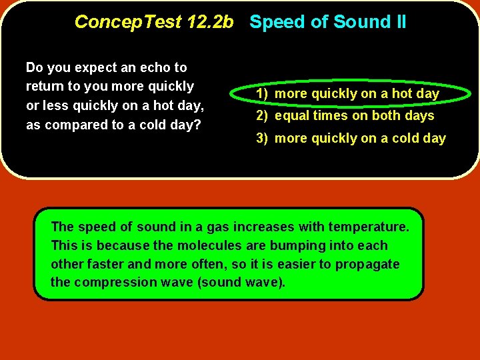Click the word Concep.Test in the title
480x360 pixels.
click(127, 22)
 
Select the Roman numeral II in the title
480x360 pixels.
click(399, 22)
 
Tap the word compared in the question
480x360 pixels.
click(87, 125)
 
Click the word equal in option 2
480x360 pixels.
click(291, 116)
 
